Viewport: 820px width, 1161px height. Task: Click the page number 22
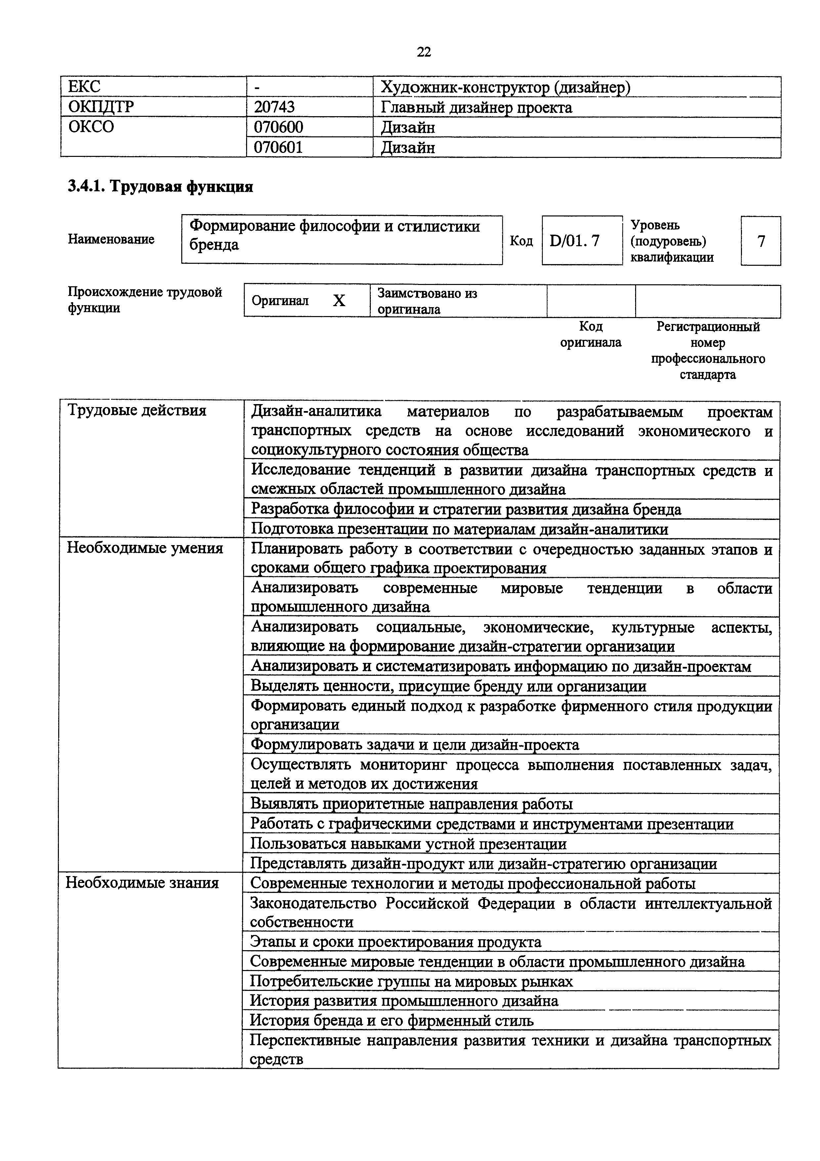(x=424, y=52)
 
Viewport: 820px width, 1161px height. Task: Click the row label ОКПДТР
(x=101, y=107)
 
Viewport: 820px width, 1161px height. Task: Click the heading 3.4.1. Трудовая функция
(x=160, y=187)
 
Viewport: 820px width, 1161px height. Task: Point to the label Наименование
(x=111, y=239)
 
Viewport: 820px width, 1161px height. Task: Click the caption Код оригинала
(x=591, y=334)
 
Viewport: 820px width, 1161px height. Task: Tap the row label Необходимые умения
(x=145, y=548)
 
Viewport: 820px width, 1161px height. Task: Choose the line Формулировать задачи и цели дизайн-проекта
(x=415, y=745)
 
